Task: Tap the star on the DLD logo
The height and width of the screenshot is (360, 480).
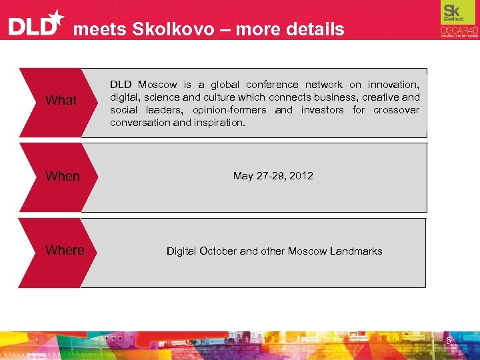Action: click(57, 17)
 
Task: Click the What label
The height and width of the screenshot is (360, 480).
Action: click(61, 101)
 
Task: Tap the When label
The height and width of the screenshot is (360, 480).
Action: click(62, 176)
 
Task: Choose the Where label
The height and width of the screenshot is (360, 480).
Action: click(65, 250)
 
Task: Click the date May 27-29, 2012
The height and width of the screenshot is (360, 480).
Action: click(273, 176)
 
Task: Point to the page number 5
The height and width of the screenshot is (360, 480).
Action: click(449, 341)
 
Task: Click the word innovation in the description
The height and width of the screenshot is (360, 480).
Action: click(393, 85)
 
